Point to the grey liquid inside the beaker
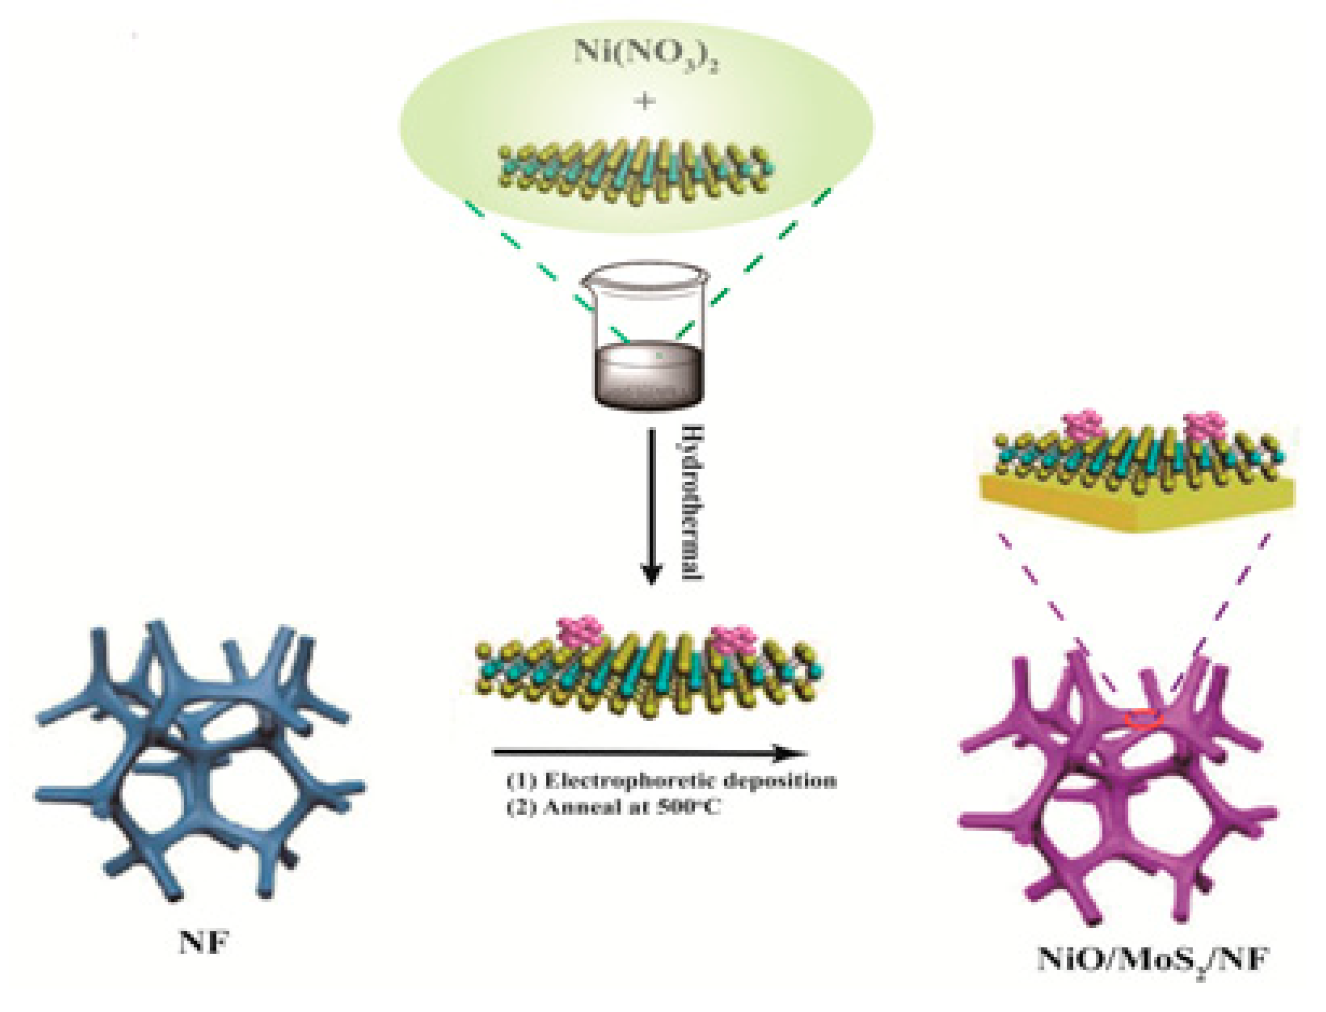648,377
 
